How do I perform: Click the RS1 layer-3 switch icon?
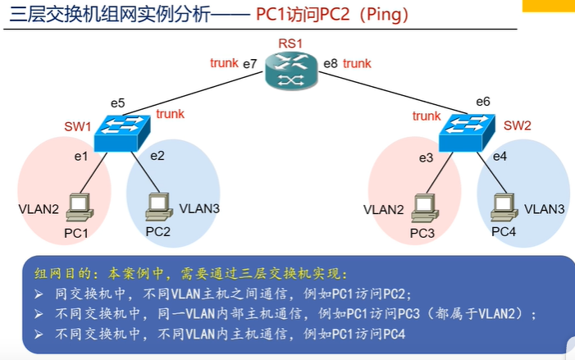coord(291,71)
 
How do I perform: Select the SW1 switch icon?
coord(122,133)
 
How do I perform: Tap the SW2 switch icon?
coord(467,133)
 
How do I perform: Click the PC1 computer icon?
coord(80,207)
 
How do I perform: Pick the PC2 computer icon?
coord(159,207)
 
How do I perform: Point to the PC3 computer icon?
coord(425,207)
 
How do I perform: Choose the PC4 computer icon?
coord(504,207)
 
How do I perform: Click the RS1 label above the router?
coord(290,43)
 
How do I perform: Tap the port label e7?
coord(250,64)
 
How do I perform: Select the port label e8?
coord(331,63)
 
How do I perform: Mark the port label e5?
coord(118,103)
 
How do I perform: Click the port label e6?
coord(483,102)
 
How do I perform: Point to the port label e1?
coord(81,157)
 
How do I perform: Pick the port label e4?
coord(500,157)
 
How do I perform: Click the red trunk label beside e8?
coord(357,63)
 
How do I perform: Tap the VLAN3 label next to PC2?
coord(199,208)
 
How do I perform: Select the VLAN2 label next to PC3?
coord(384,210)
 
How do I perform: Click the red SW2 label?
coord(518,125)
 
